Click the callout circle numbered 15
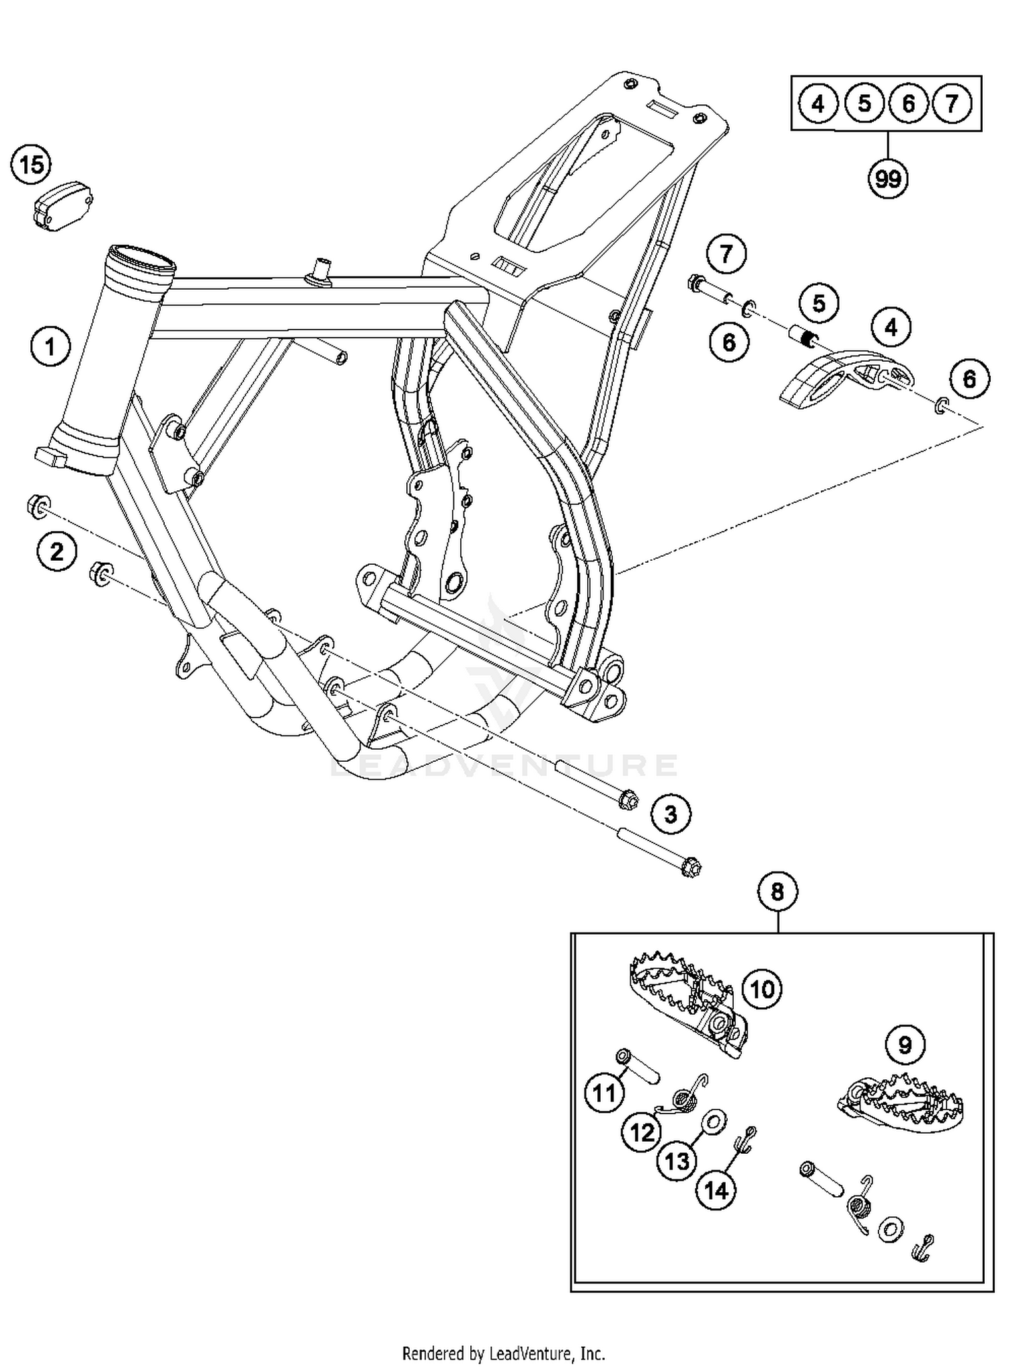point(32,165)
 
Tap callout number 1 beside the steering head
point(50,347)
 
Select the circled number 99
point(888,179)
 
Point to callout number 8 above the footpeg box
point(778,892)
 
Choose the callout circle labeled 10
point(762,989)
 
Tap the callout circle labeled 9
point(905,1045)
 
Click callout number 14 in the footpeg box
point(716,1191)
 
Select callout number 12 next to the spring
point(642,1133)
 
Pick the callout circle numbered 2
point(57,552)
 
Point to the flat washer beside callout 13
point(712,1121)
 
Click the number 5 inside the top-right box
point(864,104)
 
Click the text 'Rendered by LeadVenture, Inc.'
point(504,1353)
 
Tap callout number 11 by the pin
point(604,1093)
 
